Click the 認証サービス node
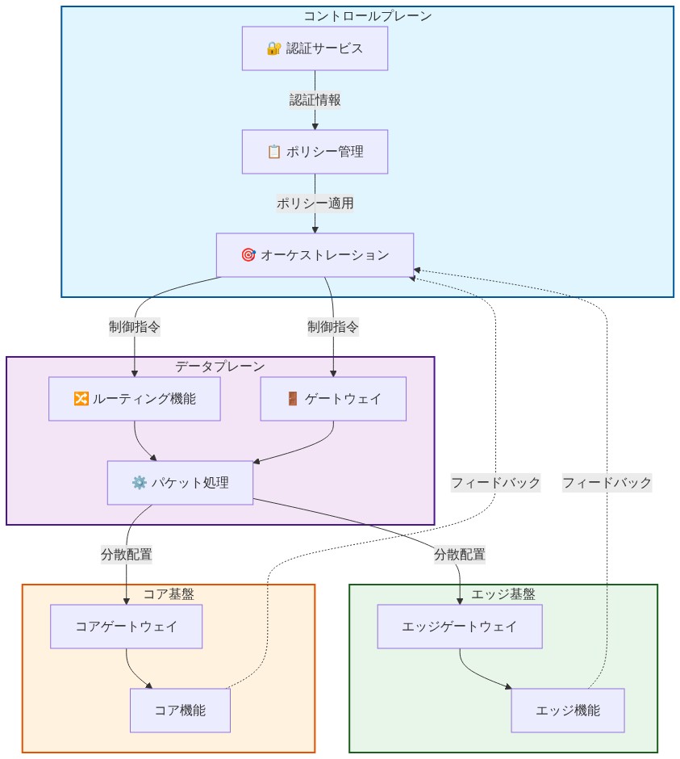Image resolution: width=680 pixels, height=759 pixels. pyautogui.click(x=315, y=48)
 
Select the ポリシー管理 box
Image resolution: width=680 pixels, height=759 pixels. pyautogui.click(x=315, y=152)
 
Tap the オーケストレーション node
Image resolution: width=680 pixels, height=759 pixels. pyautogui.click(x=315, y=255)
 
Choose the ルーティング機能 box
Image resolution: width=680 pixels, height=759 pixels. pyautogui.click(x=134, y=399)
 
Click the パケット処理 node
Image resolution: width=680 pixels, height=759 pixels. pyautogui.click(x=180, y=483)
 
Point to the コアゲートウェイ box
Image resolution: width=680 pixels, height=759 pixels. pyautogui.click(x=126, y=626)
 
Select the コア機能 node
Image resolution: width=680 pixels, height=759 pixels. pyautogui.click(x=180, y=711)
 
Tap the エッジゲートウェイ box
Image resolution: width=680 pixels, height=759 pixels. pyautogui.click(x=460, y=626)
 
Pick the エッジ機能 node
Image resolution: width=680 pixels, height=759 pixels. pyautogui.click(x=567, y=711)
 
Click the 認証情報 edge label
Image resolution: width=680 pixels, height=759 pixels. pyautogui.click(x=315, y=100)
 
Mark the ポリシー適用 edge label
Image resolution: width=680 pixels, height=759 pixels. pyautogui.click(x=315, y=203)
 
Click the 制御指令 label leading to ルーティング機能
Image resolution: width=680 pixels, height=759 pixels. pyautogui.click(x=134, y=327)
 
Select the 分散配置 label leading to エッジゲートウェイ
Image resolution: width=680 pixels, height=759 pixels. pyautogui.click(x=460, y=555)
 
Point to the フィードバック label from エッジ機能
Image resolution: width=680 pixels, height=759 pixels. pyautogui.click(x=607, y=483)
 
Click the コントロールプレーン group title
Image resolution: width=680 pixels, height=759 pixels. pyautogui.click(x=367, y=16)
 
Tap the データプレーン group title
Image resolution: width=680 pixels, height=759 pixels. pyautogui.click(x=220, y=367)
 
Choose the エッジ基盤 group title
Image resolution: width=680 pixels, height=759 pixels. pyautogui.click(x=503, y=594)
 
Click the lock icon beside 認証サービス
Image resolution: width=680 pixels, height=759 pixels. pyautogui.click(x=273, y=48)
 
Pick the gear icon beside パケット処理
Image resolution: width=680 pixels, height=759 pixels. pyautogui.click(x=139, y=483)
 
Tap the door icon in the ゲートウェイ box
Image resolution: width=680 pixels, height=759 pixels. pyautogui.click(x=293, y=399)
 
